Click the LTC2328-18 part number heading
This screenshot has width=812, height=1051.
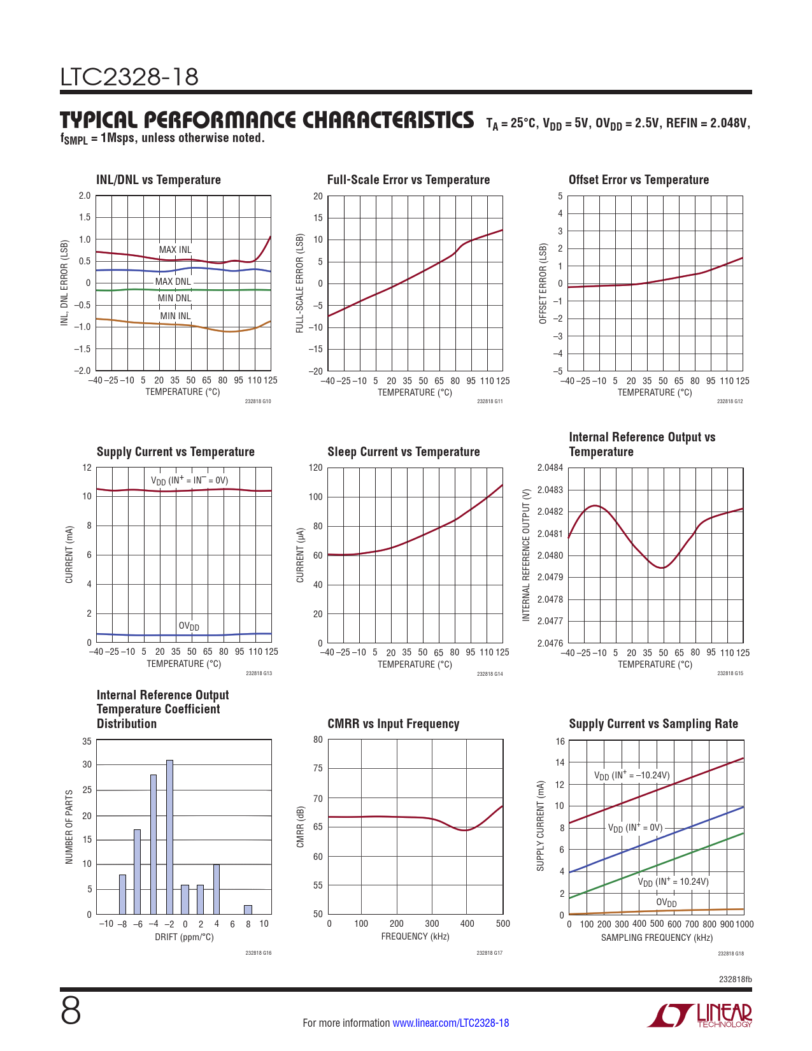(129, 78)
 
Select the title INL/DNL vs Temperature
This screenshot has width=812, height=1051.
(159, 180)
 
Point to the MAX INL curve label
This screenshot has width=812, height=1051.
(175, 250)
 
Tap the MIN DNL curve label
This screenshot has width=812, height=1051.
(175, 298)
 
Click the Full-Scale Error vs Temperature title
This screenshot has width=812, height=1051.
(408, 180)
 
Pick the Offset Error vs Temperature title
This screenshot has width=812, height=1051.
(639, 180)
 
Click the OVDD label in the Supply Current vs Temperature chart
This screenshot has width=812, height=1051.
(189, 626)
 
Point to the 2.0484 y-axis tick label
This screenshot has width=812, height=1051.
(550, 468)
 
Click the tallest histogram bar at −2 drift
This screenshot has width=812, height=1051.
(169, 837)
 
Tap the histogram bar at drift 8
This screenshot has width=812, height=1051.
(248, 910)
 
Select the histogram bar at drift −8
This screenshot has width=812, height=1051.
(122, 894)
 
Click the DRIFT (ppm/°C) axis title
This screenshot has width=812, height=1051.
(184, 937)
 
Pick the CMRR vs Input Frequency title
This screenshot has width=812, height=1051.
(393, 724)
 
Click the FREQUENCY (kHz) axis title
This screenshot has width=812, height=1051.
(415, 936)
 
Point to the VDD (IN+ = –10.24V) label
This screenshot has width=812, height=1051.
(632, 775)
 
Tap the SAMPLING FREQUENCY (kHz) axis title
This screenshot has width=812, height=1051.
(657, 938)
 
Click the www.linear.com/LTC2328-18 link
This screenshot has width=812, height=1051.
(451, 1023)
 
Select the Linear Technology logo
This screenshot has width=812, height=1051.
(700, 1015)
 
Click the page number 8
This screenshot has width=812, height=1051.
(71, 1012)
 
